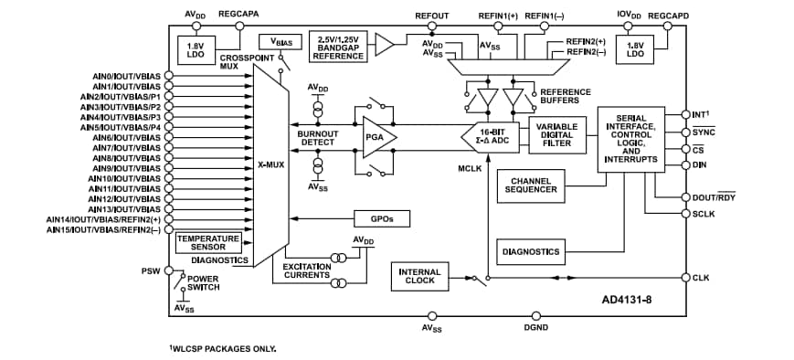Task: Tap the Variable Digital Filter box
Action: [x=556, y=136]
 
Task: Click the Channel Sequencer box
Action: [x=531, y=186]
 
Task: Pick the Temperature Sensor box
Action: [x=208, y=242]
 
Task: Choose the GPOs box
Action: [x=381, y=218]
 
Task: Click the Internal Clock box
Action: [x=419, y=276]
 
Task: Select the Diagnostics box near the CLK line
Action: [x=531, y=250]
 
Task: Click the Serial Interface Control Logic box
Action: [x=631, y=139]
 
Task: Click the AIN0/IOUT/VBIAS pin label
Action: [x=125, y=76]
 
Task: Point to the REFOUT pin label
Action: [x=432, y=16]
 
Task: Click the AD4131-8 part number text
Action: [x=631, y=299]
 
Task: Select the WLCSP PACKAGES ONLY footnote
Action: [x=222, y=348]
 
